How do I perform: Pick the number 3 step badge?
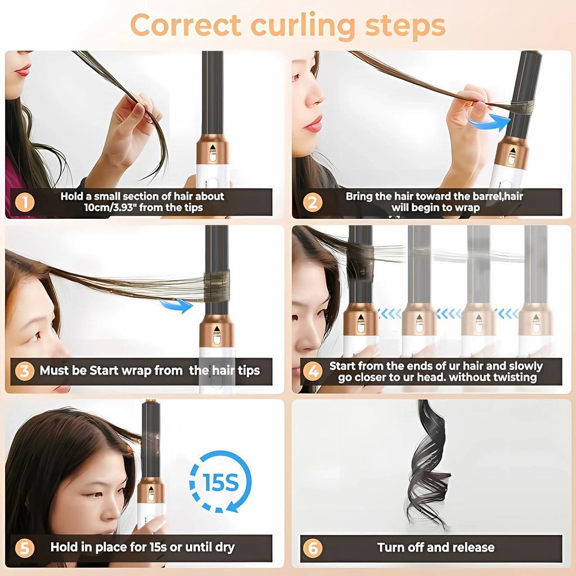24,371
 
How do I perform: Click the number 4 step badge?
313,371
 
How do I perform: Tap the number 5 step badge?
24,547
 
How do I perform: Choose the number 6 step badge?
313,547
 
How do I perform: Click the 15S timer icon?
220,481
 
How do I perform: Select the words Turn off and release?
435,547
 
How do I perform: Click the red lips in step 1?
22,70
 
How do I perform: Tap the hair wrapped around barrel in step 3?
217,285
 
